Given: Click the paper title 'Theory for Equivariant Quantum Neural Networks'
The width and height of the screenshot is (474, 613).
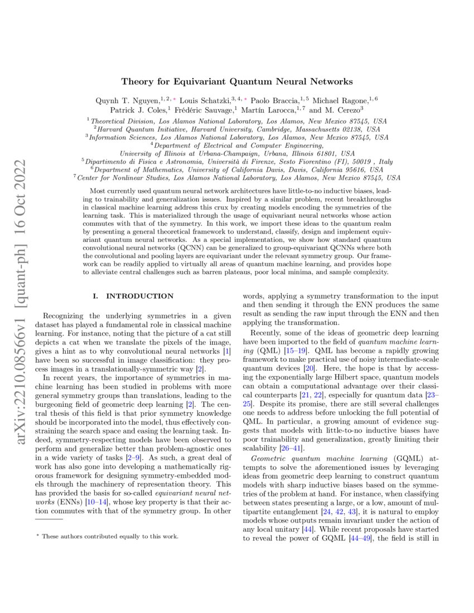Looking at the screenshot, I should [x=237, y=81].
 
